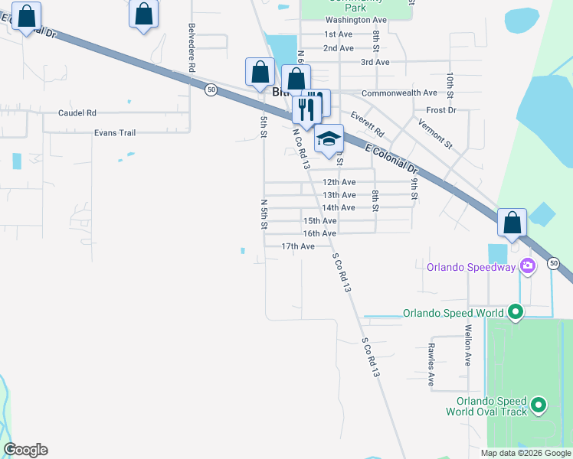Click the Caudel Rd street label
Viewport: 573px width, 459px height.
(77, 112)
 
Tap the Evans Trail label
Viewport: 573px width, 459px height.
(115, 132)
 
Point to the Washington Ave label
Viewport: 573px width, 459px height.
(355, 20)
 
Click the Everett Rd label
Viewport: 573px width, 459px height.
(368, 125)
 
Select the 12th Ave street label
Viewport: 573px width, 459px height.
(339, 182)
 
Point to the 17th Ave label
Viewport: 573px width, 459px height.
(298, 246)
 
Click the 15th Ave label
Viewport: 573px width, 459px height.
(319, 220)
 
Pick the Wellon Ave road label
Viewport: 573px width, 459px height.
(467, 344)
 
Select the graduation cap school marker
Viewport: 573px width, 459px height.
(329, 139)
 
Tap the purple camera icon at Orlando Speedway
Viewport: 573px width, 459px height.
(527, 266)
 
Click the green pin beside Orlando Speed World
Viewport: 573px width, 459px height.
(516, 312)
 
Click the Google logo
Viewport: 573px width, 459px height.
(26, 450)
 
